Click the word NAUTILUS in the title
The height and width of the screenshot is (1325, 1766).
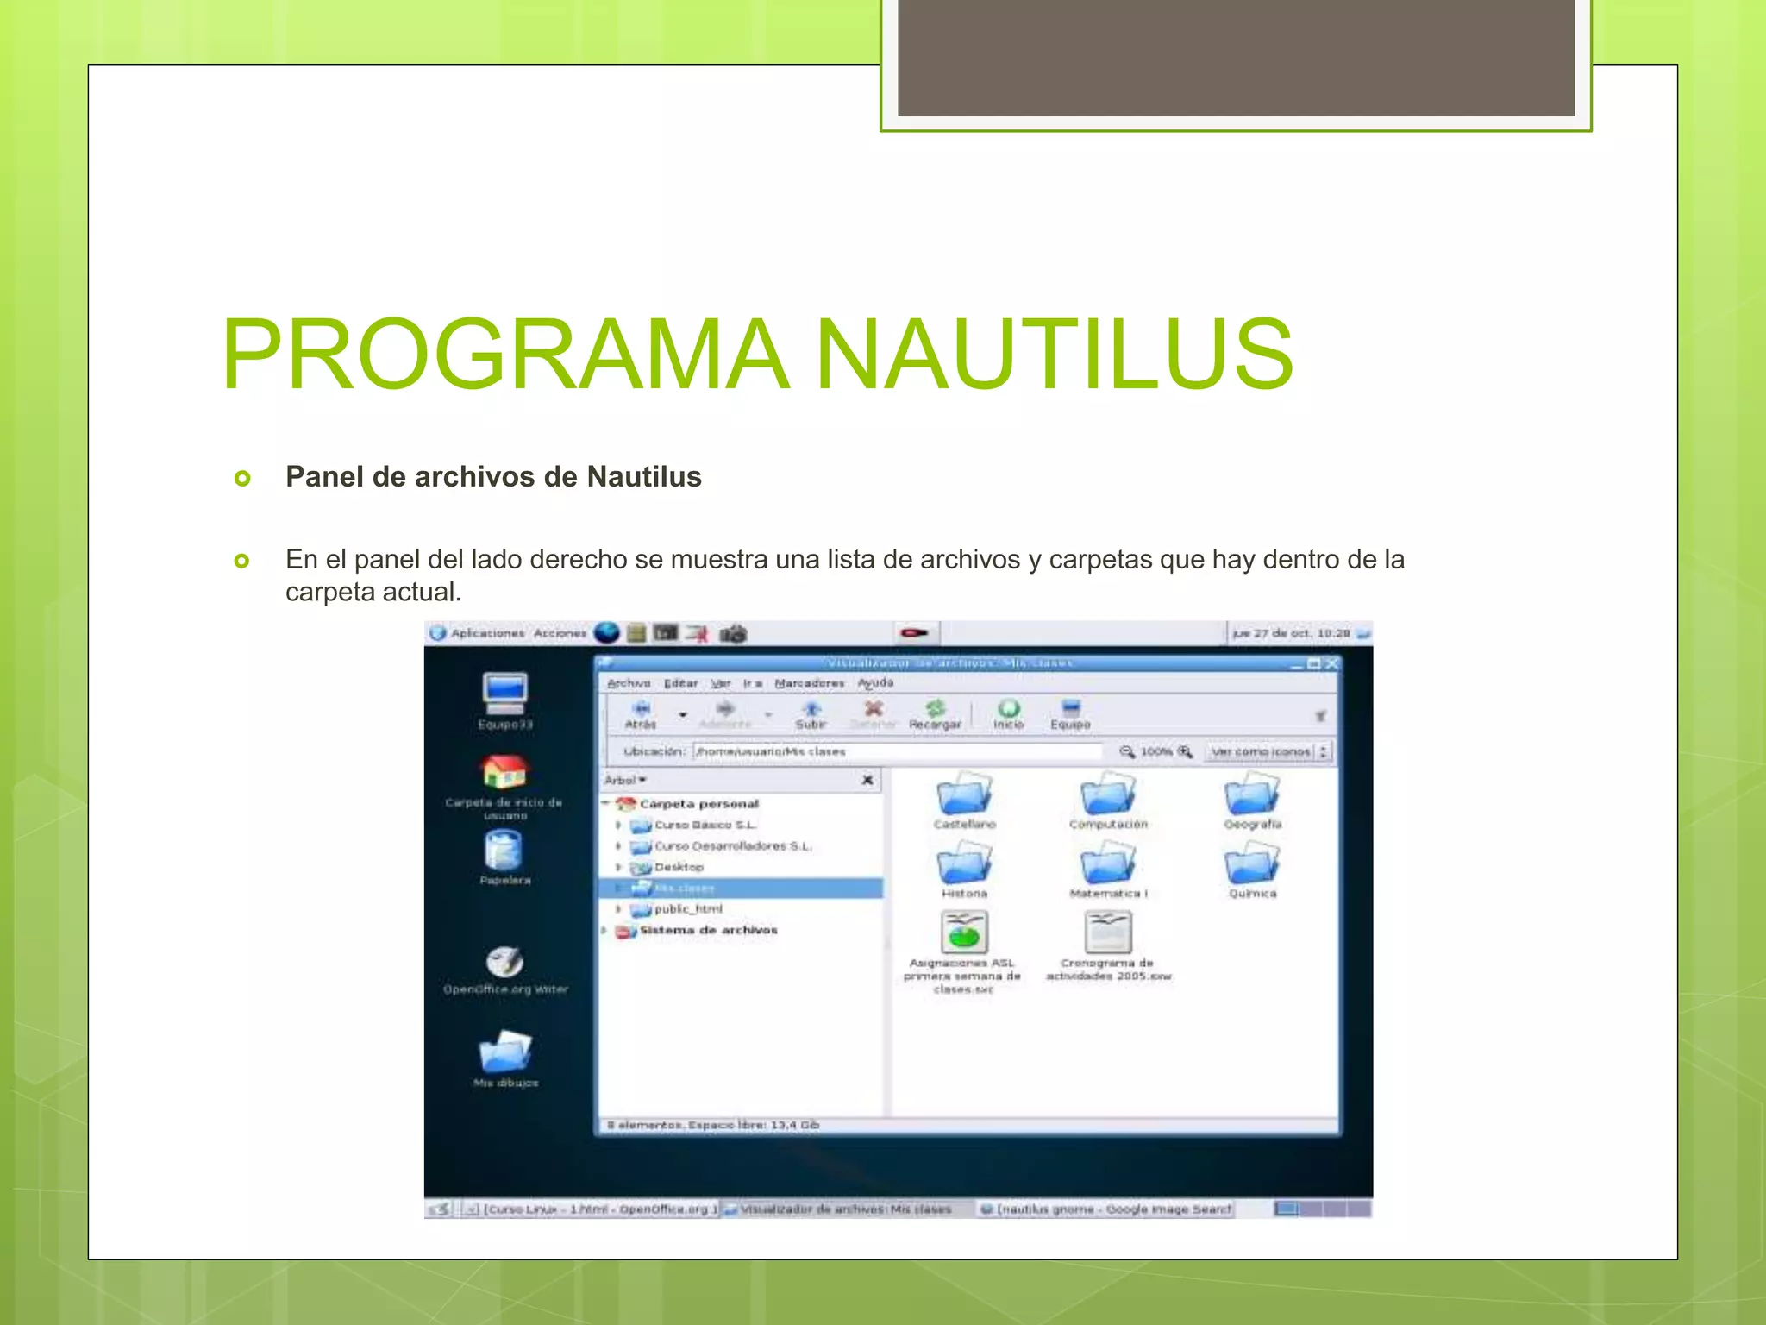(1054, 355)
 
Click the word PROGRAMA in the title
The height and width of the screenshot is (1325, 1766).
(505, 355)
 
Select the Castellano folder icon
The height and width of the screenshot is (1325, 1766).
(964, 794)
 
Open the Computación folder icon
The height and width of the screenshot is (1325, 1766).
(1108, 794)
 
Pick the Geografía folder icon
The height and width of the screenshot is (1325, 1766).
(1252, 794)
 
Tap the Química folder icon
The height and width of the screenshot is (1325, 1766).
(1252, 864)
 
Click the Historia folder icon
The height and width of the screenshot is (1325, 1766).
(964, 864)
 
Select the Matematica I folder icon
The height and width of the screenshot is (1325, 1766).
(1108, 864)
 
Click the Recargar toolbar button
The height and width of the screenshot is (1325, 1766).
(935, 714)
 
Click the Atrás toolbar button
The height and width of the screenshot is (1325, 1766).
(641, 714)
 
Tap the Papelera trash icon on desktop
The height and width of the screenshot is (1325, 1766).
(504, 851)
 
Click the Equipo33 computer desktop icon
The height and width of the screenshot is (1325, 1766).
(505, 694)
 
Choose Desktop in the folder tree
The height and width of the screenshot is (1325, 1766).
(679, 867)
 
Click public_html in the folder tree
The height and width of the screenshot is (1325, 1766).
(688, 909)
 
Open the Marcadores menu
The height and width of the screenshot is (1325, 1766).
(809, 683)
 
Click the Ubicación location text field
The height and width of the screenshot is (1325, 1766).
(897, 751)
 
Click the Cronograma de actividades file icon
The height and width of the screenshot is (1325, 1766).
(1108, 933)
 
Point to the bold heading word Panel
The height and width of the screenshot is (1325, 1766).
(325, 477)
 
